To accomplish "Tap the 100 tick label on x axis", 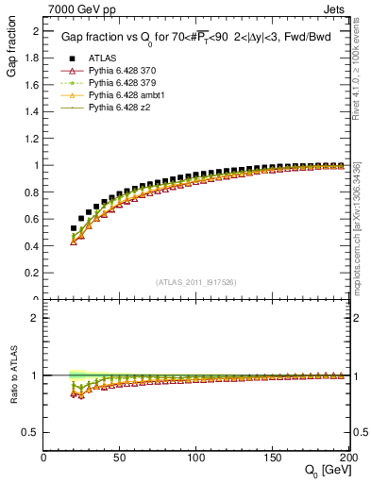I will click(196, 458).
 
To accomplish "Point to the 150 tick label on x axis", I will click(272, 458).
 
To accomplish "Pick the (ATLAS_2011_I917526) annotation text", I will click(195, 283).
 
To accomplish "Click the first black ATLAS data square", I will click(74, 227).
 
